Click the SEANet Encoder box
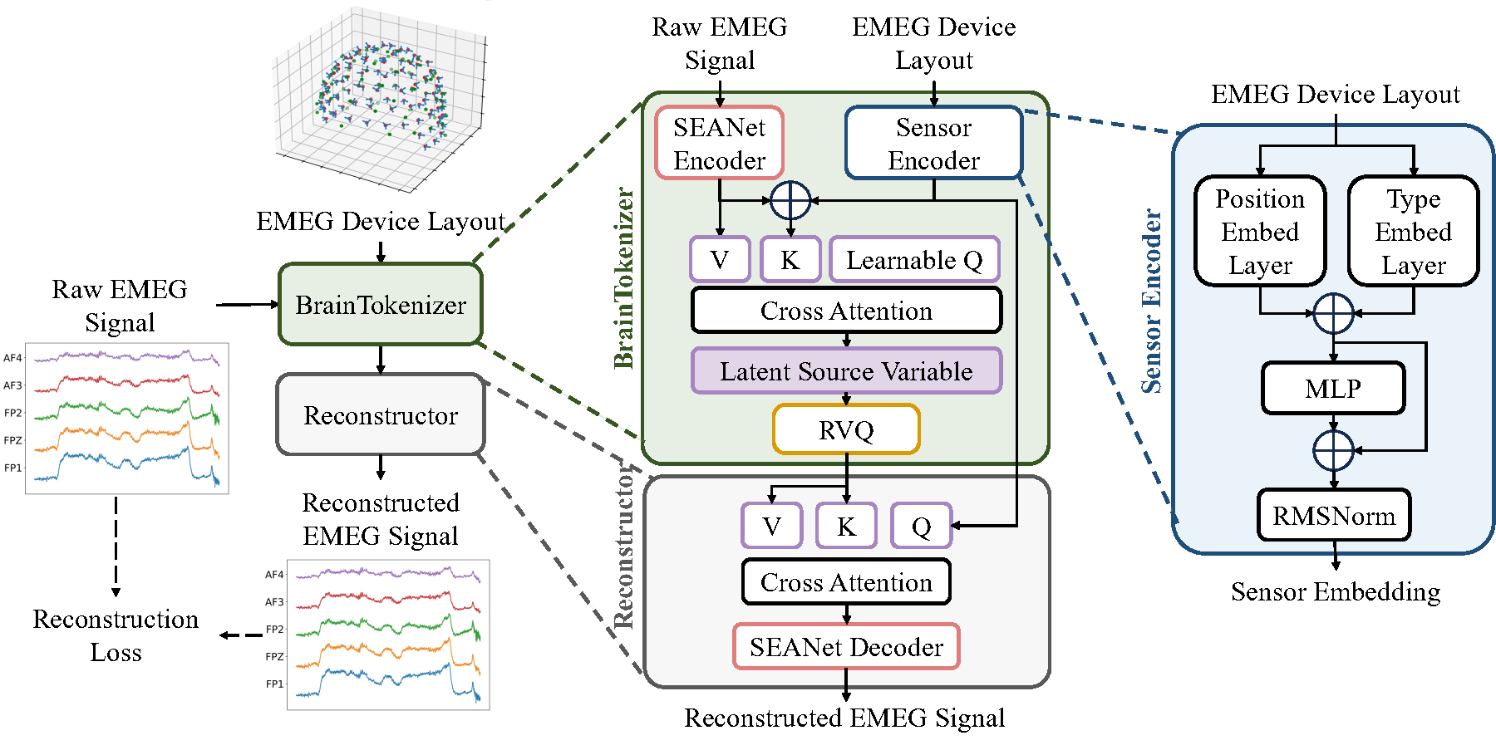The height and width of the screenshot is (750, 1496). [719, 143]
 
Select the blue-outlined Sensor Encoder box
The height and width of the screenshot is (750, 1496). [933, 143]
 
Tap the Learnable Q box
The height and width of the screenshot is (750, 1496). [914, 260]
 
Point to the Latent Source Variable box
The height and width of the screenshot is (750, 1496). [846, 370]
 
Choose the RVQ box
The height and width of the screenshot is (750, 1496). [846, 429]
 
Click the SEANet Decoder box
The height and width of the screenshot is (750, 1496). [846, 646]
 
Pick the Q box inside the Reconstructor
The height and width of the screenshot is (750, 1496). [921, 526]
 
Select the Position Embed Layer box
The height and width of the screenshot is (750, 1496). [1260, 231]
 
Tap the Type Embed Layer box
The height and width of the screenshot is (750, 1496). [1413, 231]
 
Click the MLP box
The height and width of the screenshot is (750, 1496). [1333, 388]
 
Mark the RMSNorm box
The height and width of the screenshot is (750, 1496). [1334, 515]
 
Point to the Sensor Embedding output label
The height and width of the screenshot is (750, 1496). [1336, 591]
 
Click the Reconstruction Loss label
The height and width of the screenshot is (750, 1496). [116, 635]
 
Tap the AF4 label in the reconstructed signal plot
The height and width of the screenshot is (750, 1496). [274, 575]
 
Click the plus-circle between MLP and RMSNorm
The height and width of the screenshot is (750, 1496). [1334, 451]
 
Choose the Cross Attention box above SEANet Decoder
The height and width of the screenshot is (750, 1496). [846, 582]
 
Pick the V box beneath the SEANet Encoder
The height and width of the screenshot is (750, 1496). [720, 260]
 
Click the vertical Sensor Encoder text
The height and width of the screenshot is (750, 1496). [1151, 301]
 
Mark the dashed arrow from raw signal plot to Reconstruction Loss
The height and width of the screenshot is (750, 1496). [116, 544]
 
